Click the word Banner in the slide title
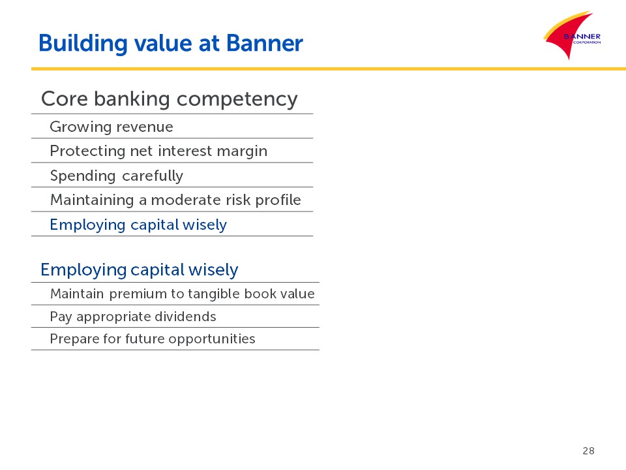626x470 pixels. [265, 43]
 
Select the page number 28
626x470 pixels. [588, 451]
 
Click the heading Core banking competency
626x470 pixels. [170, 99]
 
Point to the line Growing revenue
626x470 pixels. [112, 127]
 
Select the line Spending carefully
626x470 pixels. [117, 176]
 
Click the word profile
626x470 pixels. [278, 200]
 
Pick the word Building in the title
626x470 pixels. [83, 44]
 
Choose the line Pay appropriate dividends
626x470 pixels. [133, 317]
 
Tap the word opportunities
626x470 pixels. [211, 339]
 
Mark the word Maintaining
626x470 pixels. [92, 200]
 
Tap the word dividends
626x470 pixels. [185, 317]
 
